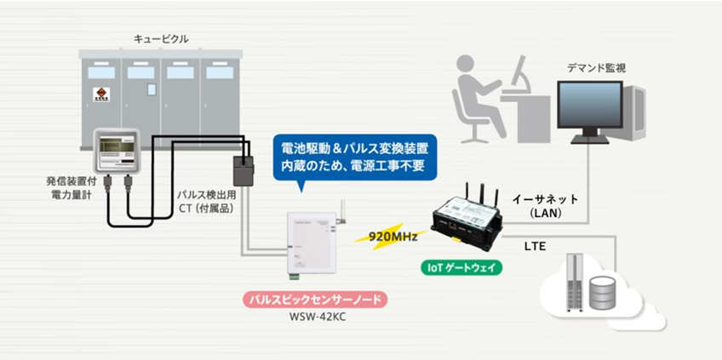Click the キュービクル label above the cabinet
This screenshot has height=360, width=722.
pos(161,39)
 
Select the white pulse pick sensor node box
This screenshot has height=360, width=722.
pos(312,243)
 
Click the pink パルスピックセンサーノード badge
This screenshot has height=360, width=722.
pos(314,300)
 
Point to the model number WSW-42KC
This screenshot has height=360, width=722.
pos(314,319)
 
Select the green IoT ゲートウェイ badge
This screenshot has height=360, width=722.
pos(462,266)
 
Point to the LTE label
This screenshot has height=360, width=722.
pos(535,247)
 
